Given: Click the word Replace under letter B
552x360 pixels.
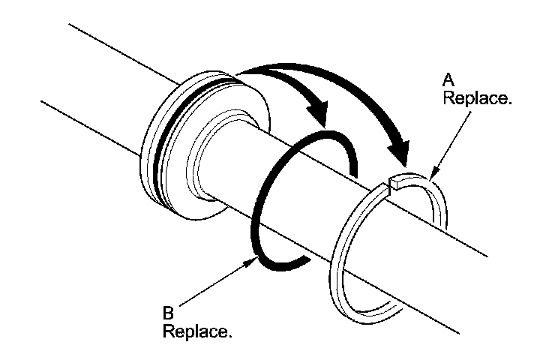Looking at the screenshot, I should (x=196, y=330).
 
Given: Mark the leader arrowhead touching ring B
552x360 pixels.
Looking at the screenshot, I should (x=256, y=259).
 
